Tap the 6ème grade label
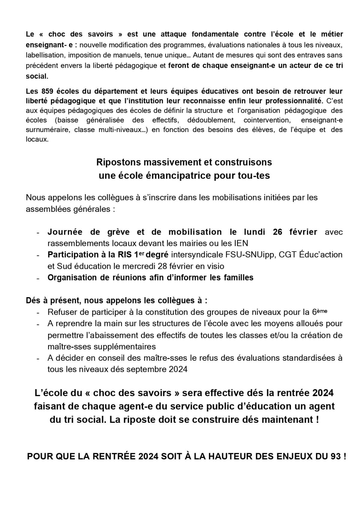pos(319,312)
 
